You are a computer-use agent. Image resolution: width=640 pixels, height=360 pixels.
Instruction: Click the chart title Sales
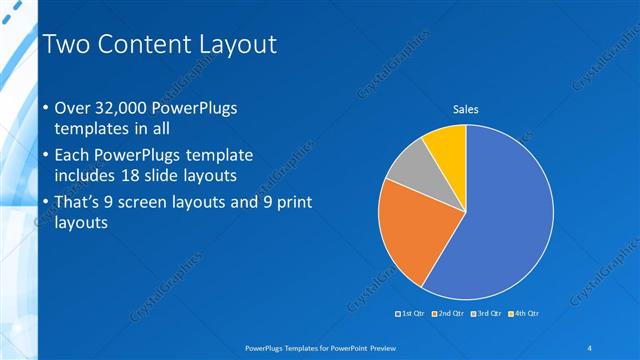(x=466, y=109)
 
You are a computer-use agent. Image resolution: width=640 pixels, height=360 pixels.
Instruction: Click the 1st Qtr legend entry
(x=411, y=314)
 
